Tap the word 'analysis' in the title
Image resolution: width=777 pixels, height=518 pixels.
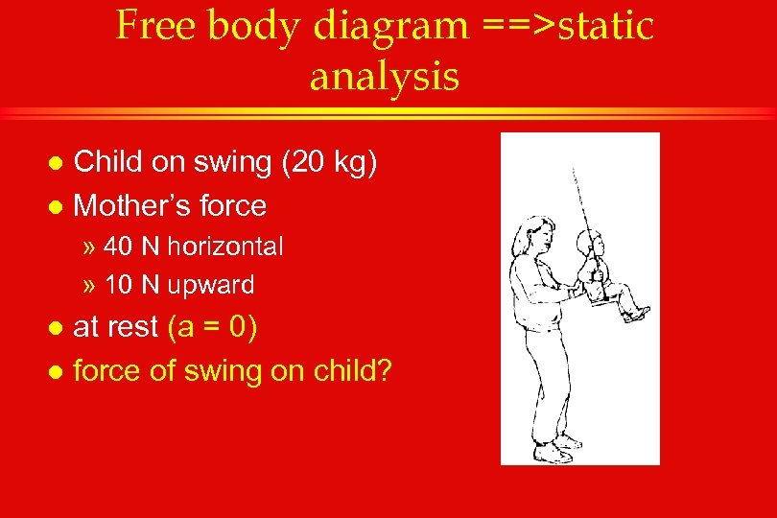pyautogui.click(x=384, y=76)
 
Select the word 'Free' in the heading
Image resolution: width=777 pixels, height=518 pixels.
pyautogui.click(x=155, y=26)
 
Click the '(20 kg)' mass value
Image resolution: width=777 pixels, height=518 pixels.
pyautogui.click(x=335, y=162)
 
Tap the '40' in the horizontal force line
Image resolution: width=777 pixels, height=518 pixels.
pyautogui.click(x=119, y=247)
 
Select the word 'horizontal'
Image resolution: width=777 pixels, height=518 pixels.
pyautogui.click(x=225, y=247)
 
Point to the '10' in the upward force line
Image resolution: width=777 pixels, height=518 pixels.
pyautogui.click(x=118, y=285)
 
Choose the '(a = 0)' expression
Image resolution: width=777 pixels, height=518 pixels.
pyautogui.click(x=211, y=327)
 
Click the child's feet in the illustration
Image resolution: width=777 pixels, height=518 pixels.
pyautogui.click(x=638, y=313)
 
